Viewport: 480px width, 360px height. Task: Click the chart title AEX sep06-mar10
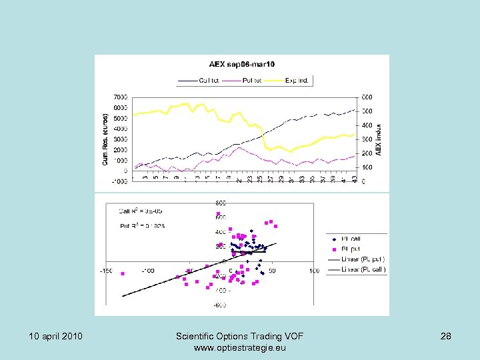tap(242, 64)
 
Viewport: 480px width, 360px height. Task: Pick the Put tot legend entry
tap(247, 80)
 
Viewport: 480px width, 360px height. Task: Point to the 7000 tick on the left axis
tap(121, 97)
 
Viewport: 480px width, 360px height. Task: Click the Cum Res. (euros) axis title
tap(105, 139)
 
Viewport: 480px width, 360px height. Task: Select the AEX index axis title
tap(379, 139)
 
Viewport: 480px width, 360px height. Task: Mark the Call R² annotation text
tap(141, 211)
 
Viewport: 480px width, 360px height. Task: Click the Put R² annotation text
tap(141, 226)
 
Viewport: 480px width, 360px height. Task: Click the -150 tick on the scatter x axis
tap(106, 271)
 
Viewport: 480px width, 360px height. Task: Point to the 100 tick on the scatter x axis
tap(313, 271)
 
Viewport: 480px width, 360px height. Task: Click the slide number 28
tap(445, 336)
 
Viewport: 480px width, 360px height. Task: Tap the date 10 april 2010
tap(56, 336)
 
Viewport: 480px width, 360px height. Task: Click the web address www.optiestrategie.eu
tap(240, 348)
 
